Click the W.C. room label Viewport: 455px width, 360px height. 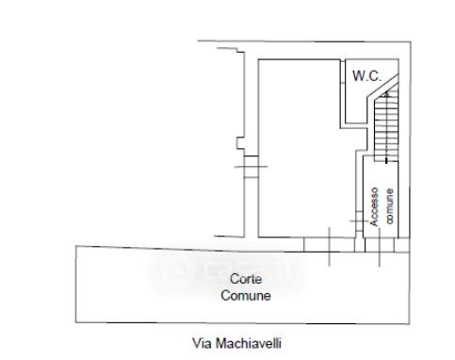[x=366, y=76]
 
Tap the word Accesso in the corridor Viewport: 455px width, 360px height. [x=374, y=206]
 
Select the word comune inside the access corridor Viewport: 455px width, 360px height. [x=389, y=206]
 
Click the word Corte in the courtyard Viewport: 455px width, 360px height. [x=246, y=279]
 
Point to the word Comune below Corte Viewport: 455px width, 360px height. [x=246, y=296]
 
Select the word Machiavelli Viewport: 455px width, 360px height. [x=248, y=343]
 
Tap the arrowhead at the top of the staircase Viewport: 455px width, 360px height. [x=386, y=93]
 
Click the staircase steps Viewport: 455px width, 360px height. [x=386, y=125]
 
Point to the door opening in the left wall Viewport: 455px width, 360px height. [x=252, y=167]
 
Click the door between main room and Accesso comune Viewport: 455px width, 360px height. [x=360, y=221]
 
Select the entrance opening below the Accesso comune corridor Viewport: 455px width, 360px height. [x=380, y=245]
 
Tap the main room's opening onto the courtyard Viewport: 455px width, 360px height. [x=330, y=245]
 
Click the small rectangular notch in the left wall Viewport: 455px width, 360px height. [x=240, y=142]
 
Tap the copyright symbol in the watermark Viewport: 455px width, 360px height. [x=179, y=270]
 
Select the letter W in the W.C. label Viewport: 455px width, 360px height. [x=358, y=76]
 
